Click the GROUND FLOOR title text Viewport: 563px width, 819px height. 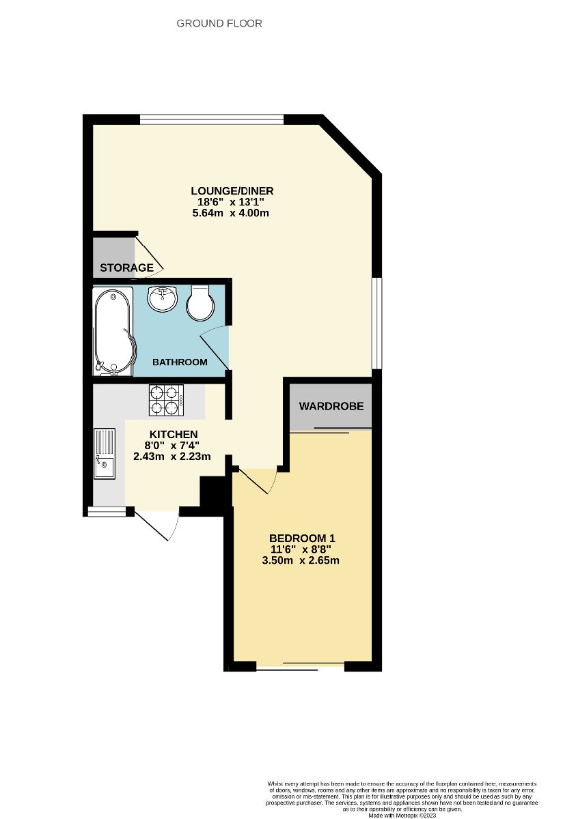219,23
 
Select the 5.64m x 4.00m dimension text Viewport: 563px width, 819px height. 231,213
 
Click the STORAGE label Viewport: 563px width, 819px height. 127,268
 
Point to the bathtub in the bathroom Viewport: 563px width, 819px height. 113,331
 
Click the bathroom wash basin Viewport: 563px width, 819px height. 163,298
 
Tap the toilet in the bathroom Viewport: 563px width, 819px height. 200,304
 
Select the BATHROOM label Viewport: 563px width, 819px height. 180,362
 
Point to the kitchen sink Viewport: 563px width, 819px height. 106,452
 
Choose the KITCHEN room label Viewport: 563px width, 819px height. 174,434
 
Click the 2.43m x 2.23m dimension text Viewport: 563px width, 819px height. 174,457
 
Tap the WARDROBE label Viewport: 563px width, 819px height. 331,406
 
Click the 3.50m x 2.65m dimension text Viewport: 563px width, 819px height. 301,560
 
